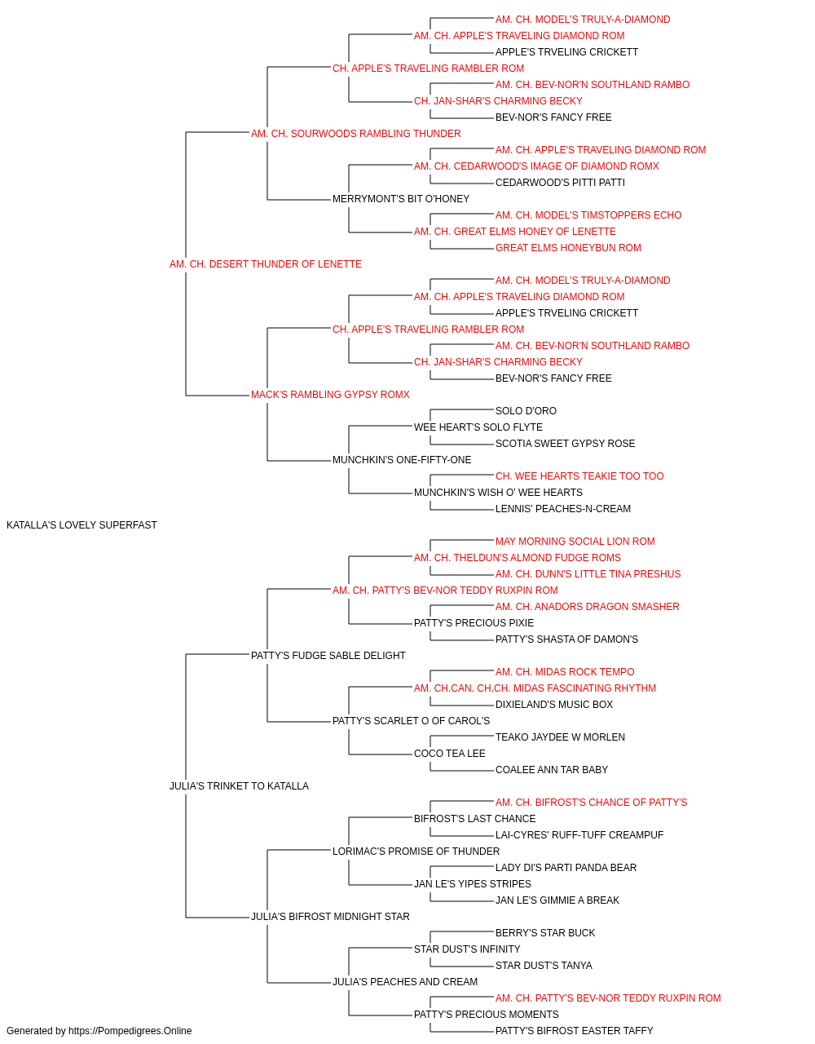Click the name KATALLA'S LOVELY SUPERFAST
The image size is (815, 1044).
(x=81, y=525)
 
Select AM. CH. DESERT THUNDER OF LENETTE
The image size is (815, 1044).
(x=266, y=264)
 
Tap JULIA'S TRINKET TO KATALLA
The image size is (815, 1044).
(x=239, y=786)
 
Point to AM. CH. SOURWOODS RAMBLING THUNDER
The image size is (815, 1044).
(x=355, y=134)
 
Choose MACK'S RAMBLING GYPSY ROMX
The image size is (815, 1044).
(x=330, y=395)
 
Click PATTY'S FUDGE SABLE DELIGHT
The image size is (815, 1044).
(x=328, y=656)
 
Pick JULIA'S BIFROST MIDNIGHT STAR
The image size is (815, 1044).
(x=330, y=917)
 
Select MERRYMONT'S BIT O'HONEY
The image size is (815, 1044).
(x=401, y=199)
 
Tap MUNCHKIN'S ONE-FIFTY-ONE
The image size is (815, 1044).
(x=402, y=460)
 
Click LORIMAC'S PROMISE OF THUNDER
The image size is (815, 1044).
(x=416, y=852)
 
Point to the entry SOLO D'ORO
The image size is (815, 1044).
(x=526, y=411)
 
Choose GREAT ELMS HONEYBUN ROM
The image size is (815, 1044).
(x=568, y=248)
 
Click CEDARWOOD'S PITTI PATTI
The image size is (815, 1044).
(x=560, y=183)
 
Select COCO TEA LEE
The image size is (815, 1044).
(x=450, y=754)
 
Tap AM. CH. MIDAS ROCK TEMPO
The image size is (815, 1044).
(x=565, y=671)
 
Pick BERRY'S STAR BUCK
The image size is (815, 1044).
(x=545, y=933)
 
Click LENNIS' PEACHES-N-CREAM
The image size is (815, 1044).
(x=563, y=509)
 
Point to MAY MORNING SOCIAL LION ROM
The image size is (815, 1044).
(x=575, y=542)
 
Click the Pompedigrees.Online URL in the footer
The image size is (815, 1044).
(x=130, y=1031)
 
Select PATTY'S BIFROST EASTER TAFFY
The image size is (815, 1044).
(x=574, y=1031)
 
